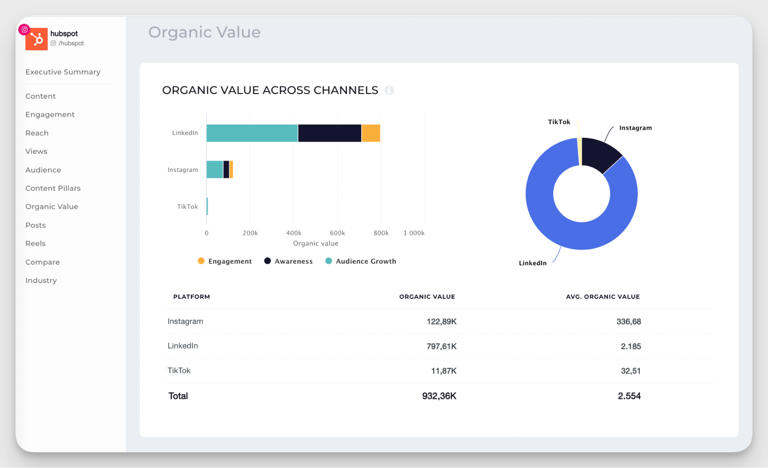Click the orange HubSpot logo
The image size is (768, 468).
[36, 39]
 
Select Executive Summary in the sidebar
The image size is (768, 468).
[63, 72]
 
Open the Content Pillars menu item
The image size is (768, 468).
[53, 188]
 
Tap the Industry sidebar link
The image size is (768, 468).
[41, 280]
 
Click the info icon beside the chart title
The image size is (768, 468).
[389, 90]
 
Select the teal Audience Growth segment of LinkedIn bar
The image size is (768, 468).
[252, 133]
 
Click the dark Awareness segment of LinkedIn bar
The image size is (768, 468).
[329, 133]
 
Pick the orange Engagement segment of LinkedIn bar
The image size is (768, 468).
[371, 133]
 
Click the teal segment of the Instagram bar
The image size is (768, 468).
[214, 170]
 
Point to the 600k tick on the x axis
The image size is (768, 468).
[337, 233]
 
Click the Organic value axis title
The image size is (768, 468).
[315, 243]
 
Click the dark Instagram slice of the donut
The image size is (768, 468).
[600, 154]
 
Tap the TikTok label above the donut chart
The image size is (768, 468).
[559, 122]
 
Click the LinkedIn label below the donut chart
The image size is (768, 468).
[532, 263]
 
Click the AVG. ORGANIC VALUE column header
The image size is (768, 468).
[602, 296]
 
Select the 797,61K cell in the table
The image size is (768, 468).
[441, 346]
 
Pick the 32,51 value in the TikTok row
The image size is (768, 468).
[630, 371]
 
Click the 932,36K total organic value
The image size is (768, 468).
[439, 396]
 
